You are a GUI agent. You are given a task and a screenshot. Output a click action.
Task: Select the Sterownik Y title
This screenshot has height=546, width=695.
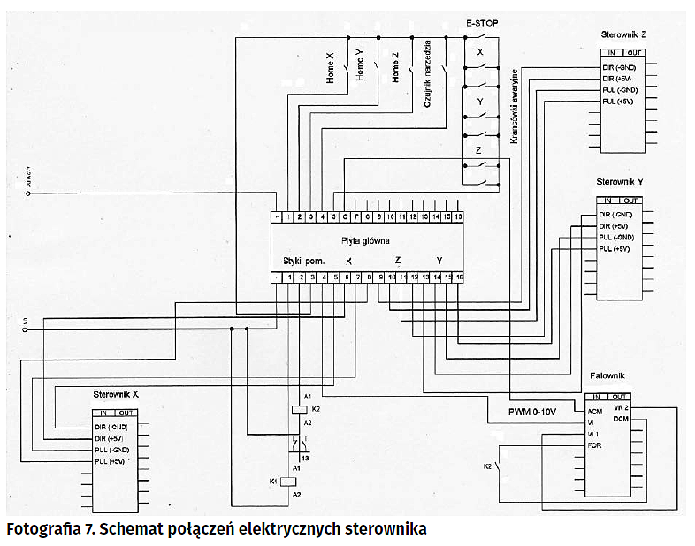(622, 181)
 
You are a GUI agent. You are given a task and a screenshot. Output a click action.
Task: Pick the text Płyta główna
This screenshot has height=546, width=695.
(365, 240)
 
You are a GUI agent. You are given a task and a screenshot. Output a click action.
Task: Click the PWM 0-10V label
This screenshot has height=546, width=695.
(533, 413)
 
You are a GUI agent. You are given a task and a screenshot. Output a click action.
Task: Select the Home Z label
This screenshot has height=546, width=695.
(395, 67)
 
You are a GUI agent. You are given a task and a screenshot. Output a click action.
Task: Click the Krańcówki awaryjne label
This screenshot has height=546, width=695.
(512, 104)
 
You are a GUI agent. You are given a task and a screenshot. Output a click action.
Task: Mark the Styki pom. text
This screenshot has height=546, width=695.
(304, 261)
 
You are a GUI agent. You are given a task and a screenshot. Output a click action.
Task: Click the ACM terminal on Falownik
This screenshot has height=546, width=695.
(595, 411)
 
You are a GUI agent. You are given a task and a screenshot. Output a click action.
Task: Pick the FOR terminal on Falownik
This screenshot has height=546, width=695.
(594, 445)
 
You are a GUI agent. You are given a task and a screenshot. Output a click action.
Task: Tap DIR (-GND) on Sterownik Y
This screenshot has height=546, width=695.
(616, 215)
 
